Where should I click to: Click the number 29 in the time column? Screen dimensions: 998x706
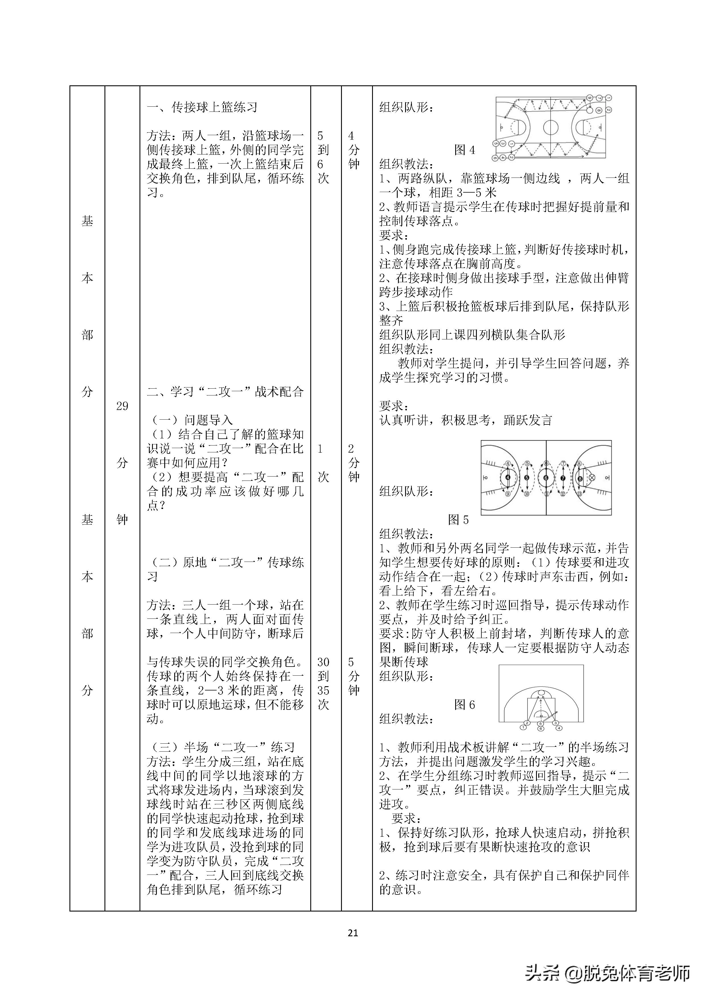point(122,406)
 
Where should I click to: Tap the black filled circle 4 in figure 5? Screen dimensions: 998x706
point(508,478)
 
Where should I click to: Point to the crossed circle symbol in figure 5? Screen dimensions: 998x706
point(592,478)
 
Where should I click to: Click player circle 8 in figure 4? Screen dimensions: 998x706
point(599,110)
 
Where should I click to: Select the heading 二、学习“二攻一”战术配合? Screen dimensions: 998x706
point(225,392)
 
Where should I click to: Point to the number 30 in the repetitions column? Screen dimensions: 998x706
point(323,662)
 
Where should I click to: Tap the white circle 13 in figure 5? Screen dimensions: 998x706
point(579,494)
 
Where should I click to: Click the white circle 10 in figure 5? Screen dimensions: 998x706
point(526,494)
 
